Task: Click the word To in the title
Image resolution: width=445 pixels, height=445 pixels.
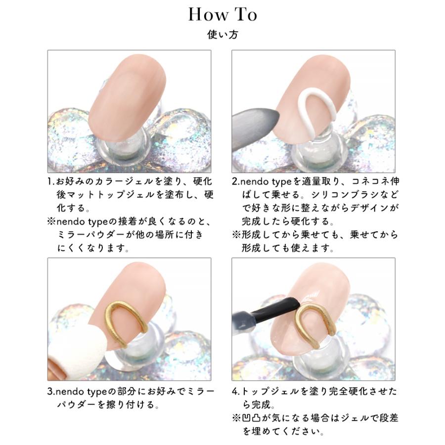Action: coord(246,14)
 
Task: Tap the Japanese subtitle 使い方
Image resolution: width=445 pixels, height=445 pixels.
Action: coord(222,36)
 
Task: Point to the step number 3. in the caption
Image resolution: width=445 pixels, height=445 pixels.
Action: coord(51,392)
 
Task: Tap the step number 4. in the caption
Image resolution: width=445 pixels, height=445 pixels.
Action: coord(236,392)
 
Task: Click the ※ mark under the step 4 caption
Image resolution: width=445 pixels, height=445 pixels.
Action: coord(236,418)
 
